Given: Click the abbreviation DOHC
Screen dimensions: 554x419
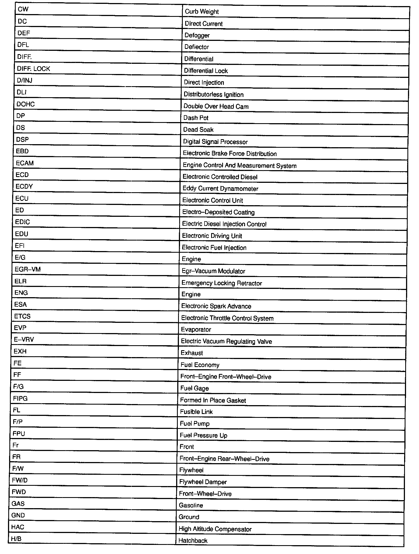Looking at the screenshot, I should [25, 104].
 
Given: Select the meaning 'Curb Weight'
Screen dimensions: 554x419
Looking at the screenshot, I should [202, 12].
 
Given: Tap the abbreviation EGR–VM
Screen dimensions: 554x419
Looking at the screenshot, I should [28, 269].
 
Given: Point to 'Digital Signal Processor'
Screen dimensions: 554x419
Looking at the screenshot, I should [215, 142].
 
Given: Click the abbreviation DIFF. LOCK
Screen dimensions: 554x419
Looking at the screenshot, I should [33, 69].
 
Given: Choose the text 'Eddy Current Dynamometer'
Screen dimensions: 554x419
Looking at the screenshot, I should [220, 189].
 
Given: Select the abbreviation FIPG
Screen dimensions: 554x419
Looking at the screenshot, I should [20, 399].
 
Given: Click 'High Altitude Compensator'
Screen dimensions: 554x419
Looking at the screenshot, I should [215, 529].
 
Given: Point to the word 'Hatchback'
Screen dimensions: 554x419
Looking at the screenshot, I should [193, 540].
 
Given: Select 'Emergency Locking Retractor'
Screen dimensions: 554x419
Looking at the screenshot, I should [221, 283].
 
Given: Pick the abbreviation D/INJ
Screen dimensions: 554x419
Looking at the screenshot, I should [25, 80].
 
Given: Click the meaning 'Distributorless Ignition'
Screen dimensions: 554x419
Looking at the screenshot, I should [213, 94].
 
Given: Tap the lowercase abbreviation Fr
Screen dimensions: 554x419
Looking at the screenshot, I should [15, 445].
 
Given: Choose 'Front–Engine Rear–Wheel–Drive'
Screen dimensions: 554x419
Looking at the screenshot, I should [224, 459].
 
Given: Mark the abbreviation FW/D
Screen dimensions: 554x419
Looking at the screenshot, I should [20, 480].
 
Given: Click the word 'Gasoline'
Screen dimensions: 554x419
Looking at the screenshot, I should [191, 505].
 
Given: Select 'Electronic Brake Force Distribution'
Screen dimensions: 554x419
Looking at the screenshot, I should [230, 154].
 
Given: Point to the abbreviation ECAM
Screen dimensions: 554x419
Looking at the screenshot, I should [25, 163].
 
